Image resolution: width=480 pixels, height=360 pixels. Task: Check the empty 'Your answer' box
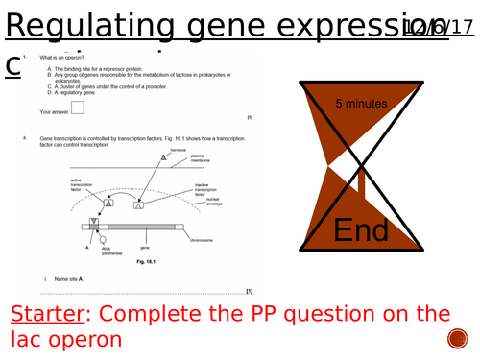[x=78, y=109]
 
